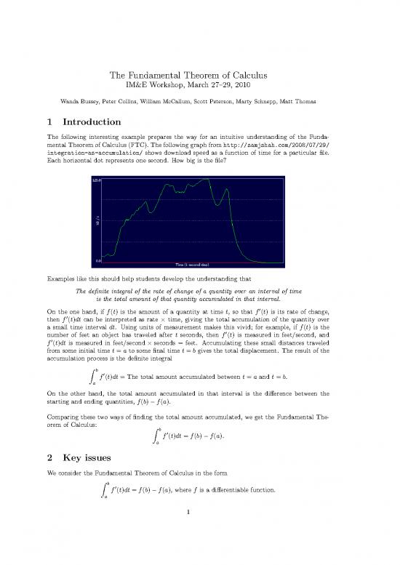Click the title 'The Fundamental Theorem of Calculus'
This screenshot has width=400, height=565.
click(x=200, y=75)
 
